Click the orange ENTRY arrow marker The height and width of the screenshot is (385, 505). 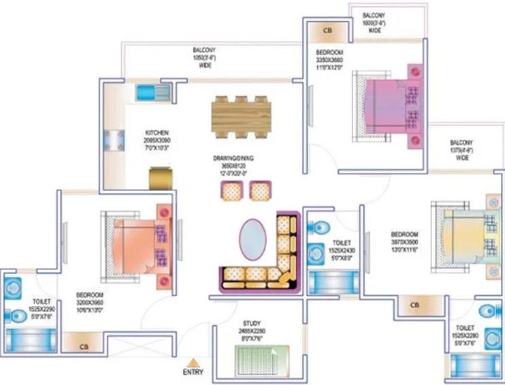coord(194,362)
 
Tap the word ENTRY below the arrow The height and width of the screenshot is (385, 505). coord(193,373)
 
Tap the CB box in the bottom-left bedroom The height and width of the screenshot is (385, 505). coord(84,346)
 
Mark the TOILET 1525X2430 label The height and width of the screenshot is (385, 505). coord(342,249)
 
